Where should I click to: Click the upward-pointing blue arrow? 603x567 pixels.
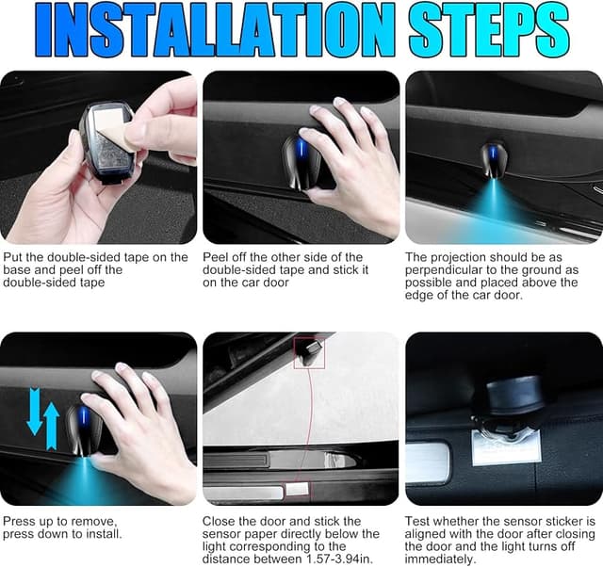[52, 423]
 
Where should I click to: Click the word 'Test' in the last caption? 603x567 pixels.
[418, 520]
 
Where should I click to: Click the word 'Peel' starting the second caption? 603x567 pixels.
[218, 256]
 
